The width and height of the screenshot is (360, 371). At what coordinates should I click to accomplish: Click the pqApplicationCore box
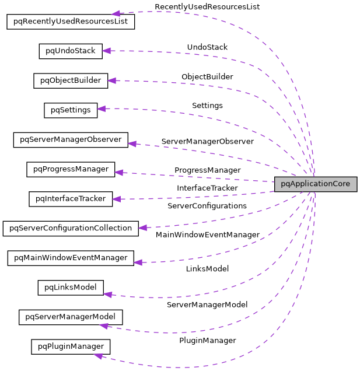315,184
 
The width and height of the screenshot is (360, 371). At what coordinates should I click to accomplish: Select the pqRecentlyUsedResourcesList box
71,22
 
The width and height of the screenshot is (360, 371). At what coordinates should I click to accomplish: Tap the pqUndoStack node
71,51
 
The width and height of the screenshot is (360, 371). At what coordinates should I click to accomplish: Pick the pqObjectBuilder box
71,80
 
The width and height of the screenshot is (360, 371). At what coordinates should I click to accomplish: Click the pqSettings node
70,110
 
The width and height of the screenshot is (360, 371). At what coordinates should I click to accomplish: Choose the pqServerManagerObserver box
71,139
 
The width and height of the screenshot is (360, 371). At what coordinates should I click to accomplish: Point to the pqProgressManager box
71,169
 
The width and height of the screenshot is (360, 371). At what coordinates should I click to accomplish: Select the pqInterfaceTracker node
71,199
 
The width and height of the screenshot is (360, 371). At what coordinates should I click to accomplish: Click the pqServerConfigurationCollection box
71,228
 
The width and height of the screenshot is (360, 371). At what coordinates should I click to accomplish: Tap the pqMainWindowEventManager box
71,257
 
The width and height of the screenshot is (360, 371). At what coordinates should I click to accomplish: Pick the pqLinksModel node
71,287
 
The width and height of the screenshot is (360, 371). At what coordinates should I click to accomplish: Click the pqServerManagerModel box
71,317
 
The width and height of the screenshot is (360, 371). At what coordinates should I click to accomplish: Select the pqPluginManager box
71,346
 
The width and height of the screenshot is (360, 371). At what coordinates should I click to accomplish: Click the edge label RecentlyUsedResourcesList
207,6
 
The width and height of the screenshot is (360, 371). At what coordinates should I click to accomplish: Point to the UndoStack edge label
207,47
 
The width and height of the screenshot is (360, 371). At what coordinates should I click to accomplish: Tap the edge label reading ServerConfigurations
207,206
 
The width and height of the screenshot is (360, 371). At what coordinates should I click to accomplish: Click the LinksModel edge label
207,268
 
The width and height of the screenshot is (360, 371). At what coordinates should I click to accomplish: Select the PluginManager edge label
207,340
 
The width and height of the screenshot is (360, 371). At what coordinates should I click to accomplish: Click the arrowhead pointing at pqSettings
101,108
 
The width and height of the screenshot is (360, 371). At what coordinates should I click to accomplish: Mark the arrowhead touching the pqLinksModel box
107,295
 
